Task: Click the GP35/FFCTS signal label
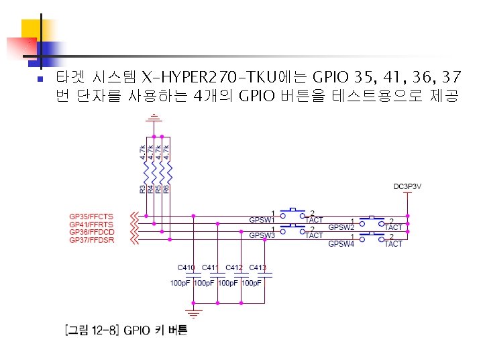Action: tap(91, 217)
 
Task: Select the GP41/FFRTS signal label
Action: tap(91, 224)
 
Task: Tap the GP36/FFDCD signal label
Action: tap(92, 232)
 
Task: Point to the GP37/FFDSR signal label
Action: tap(92, 239)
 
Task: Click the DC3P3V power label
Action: tap(407, 186)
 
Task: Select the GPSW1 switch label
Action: tap(262, 219)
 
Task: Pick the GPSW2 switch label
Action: tap(341, 227)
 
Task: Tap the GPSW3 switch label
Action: tap(262, 235)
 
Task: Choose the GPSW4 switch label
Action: tap(341, 243)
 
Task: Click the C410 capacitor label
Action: tap(186, 267)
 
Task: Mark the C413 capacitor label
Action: tap(258, 267)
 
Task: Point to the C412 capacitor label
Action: tap(234, 267)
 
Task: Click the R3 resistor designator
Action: tap(142, 189)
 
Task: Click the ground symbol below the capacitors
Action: tap(194, 312)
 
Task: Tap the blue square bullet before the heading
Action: tap(40, 78)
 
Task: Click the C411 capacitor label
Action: tap(211, 267)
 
